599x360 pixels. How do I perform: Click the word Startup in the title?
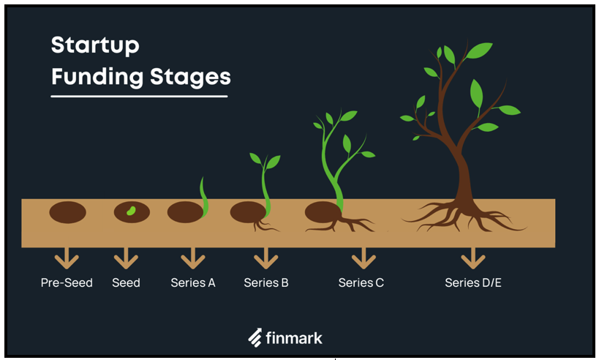click(x=95, y=46)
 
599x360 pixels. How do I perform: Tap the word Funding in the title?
click(x=97, y=77)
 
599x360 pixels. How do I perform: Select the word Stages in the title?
click(x=190, y=78)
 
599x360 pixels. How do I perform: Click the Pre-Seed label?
click(x=67, y=282)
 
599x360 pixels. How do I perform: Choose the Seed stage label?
click(x=126, y=282)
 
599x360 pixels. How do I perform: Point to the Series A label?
click(x=193, y=282)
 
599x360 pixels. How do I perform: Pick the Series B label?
click(x=266, y=282)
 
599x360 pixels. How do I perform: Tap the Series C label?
click(x=361, y=282)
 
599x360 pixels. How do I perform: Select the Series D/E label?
click(x=473, y=282)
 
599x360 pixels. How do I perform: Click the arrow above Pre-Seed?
click(x=67, y=258)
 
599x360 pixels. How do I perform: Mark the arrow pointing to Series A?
click(x=193, y=258)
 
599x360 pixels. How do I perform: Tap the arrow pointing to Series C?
click(x=363, y=258)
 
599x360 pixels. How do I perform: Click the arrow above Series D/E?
click(x=473, y=258)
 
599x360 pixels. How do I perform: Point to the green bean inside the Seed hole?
click(x=131, y=211)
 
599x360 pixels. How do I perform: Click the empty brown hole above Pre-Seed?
click(x=67, y=212)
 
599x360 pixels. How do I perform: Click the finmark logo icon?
click(x=255, y=337)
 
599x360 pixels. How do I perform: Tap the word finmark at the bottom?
click(x=294, y=338)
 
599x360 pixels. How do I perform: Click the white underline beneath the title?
click(x=139, y=97)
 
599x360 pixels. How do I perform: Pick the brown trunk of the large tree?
click(x=464, y=179)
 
